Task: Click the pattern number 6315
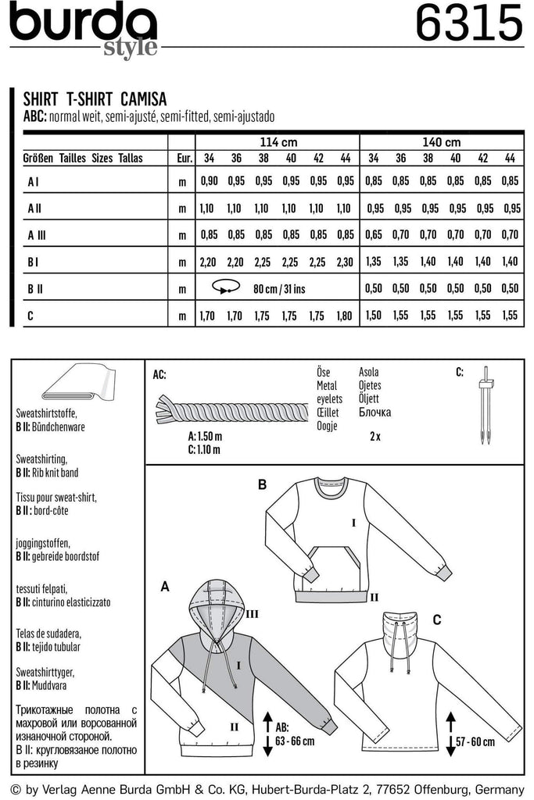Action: point(468,25)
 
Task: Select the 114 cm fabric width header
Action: point(278,142)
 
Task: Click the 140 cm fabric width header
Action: point(442,142)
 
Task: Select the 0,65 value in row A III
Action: point(373,234)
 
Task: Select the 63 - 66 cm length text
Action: point(295,741)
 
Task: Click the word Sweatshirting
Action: point(41,459)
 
